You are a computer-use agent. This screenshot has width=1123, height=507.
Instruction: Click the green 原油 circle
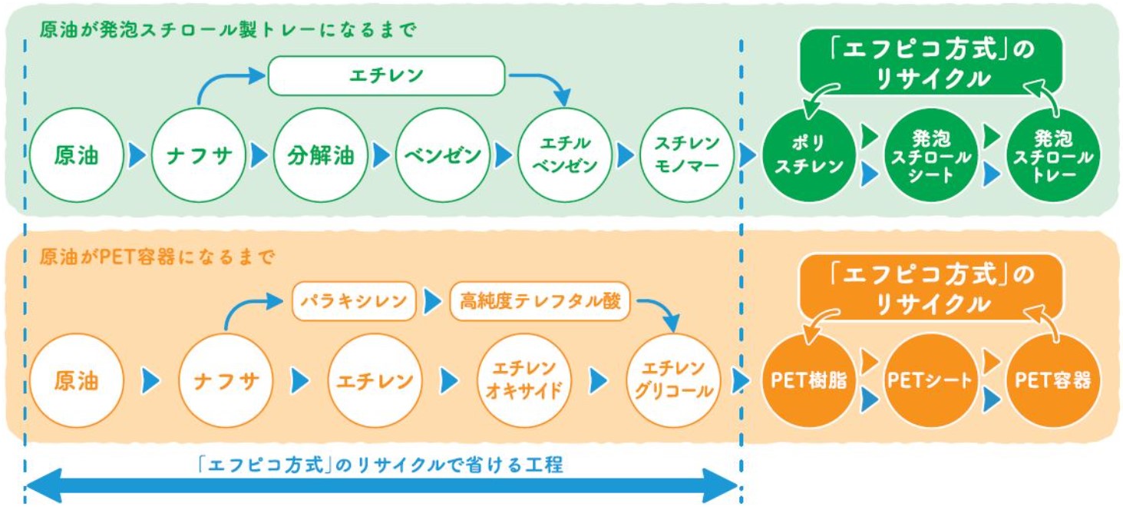(x=76, y=155)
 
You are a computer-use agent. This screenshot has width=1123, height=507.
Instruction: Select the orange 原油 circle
(x=76, y=380)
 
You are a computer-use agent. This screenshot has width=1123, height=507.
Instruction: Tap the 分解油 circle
(x=320, y=155)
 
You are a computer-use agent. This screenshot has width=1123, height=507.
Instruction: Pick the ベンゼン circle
(x=443, y=155)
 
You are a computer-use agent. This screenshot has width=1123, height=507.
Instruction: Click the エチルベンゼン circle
(x=564, y=155)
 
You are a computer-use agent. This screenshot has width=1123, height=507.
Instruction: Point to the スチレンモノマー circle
(x=687, y=155)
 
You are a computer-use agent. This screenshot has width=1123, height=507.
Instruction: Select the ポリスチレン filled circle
(x=808, y=155)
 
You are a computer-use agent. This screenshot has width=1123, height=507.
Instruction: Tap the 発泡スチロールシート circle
(x=931, y=155)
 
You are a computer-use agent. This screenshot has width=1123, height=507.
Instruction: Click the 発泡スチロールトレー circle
(x=1053, y=155)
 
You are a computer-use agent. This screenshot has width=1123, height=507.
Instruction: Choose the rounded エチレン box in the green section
(x=387, y=76)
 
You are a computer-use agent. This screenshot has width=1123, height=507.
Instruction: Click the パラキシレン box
(x=354, y=301)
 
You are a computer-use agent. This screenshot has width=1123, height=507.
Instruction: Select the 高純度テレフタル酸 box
(x=540, y=301)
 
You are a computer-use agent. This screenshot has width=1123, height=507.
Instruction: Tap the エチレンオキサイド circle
(x=524, y=380)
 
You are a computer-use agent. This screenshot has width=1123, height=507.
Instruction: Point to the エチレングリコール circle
(x=673, y=380)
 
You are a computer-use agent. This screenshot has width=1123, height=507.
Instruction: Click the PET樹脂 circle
(x=808, y=380)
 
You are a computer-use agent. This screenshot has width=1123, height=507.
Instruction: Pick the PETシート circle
(x=930, y=380)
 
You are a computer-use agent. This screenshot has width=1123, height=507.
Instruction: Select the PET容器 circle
(x=1053, y=380)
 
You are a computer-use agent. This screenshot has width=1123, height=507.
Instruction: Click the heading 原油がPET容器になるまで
(x=157, y=257)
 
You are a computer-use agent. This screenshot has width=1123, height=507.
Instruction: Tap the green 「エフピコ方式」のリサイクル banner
(x=931, y=61)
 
